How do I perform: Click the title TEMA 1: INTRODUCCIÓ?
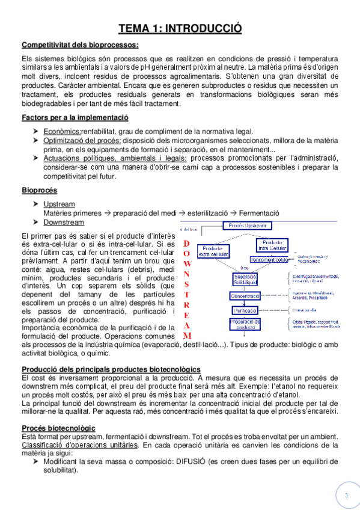pyautogui.click(x=180, y=28)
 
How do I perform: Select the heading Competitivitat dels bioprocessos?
pyautogui.click(x=80, y=45)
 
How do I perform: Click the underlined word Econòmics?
pyautogui.click(x=62, y=131)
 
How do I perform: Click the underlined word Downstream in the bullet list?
pyautogui.click(x=64, y=222)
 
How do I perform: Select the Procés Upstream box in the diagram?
pyautogui.click(x=247, y=226)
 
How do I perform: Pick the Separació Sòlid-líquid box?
pyautogui.click(x=245, y=279)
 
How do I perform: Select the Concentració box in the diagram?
pyautogui.click(x=245, y=296)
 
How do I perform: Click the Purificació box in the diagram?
pyautogui.click(x=245, y=310)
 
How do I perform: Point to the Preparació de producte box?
pyautogui.click(x=245, y=325)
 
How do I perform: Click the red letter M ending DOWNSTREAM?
pyautogui.click(x=187, y=335)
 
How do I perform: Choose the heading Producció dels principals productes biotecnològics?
pyautogui.click(x=111, y=368)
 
